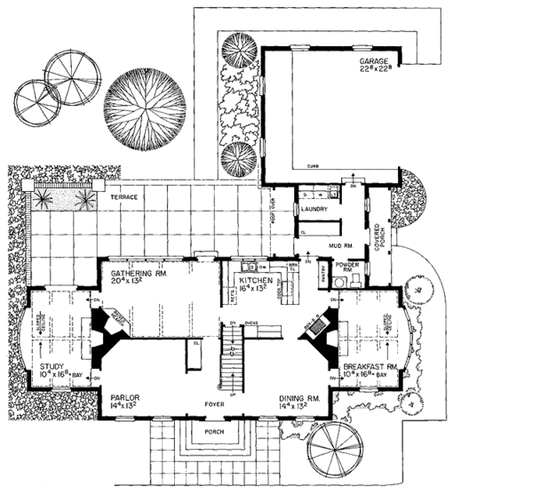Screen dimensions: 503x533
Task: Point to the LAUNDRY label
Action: point(315,210)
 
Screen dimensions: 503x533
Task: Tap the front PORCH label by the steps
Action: point(212,434)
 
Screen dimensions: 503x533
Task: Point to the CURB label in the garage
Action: point(313,167)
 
